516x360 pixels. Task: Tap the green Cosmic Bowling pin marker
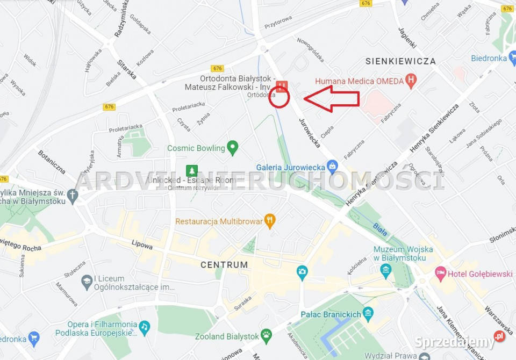click(232, 147)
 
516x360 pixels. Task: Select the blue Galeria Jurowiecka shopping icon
click(333, 167)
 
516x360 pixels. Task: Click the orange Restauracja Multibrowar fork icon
click(270, 220)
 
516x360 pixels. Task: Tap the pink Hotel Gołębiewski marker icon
click(441, 273)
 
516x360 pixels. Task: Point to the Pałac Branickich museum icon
click(368, 313)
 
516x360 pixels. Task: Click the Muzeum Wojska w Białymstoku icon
click(385, 271)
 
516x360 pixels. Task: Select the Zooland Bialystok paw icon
click(266, 336)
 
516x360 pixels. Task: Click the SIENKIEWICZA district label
click(400, 61)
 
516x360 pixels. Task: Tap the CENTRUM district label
click(224, 265)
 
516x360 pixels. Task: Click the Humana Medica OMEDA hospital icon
click(411, 82)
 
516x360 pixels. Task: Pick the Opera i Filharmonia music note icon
click(144, 327)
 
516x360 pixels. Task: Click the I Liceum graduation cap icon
click(87, 281)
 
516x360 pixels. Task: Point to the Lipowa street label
click(142, 245)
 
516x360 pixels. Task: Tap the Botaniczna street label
click(51, 162)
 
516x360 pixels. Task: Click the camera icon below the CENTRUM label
click(302, 271)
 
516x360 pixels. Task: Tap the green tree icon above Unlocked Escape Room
click(192, 171)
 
